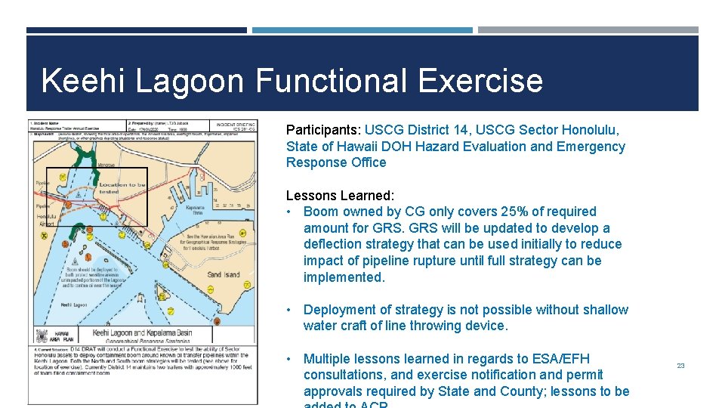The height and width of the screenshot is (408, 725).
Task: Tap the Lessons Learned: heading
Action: [340, 195]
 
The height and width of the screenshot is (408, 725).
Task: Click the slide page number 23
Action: [680, 366]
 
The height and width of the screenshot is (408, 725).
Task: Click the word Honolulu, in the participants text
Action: [585, 129]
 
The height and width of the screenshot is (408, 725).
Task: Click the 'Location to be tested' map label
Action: [122, 188]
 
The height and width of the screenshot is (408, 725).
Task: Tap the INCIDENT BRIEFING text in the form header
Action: [235, 124]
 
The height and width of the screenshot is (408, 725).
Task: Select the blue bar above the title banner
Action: [362, 30]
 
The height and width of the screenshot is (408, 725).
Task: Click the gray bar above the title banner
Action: [588, 30]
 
